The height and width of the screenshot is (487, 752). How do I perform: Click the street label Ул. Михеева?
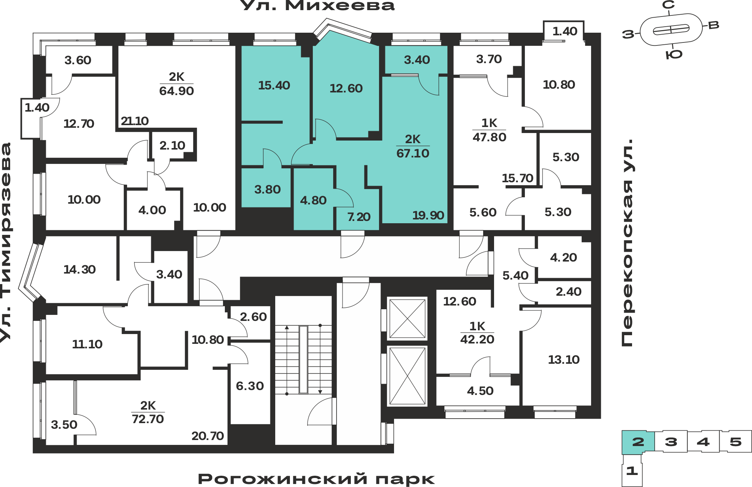tap(317, 6)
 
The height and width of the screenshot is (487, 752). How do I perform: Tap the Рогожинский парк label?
tap(316, 479)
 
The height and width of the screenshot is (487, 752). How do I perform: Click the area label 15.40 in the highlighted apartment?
tap(274, 85)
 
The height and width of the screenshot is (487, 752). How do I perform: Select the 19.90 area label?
tap(428, 215)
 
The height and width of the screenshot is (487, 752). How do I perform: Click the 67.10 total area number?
tap(413, 153)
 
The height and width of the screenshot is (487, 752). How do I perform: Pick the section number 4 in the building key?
tap(703, 442)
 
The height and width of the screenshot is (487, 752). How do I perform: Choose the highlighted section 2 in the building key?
tap(638, 442)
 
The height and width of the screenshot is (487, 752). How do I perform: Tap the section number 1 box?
tap(632, 470)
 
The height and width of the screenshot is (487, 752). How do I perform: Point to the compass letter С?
tap(669, 5)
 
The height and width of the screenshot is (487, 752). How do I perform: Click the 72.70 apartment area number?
tap(148, 419)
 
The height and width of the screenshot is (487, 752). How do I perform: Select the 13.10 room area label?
tap(564, 360)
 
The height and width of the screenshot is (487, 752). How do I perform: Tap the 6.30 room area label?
tap(250, 386)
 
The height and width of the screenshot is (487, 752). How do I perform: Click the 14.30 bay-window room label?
tap(80, 269)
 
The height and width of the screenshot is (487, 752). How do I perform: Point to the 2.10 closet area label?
tap(172, 145)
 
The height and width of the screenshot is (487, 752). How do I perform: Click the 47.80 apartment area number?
tap(490, 137)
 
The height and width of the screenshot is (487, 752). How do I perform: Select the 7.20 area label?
tap(359, 217)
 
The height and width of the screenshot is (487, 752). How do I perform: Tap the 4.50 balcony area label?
tap(480, 391)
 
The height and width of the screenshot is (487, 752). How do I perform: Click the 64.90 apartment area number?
tap(176, 91)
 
